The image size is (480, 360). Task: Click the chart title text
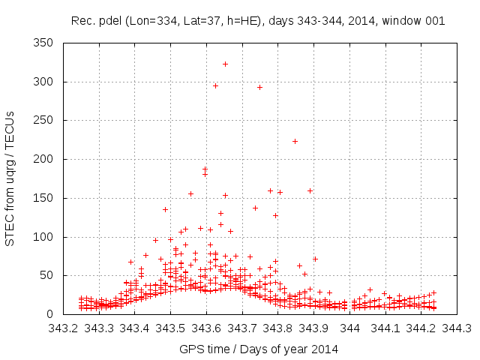pyautogui.click(x=258, y=21)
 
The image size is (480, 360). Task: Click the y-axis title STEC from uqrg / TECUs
pyautogui.click(x=10, y=178)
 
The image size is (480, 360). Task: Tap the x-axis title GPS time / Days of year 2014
pyautogui.click(x=259, y=349)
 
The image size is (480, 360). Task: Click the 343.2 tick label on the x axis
pyautogui.click(x=63, y=328)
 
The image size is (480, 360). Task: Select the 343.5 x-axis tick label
pyautogui.click(x=171, y=328)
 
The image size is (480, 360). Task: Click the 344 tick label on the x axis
pyautogui.click(x=350, y=328)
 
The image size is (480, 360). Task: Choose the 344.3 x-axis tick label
pyautogui.click(x=457, y=328)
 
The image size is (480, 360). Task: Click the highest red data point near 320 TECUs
pyautogui.click(x=225, y=64)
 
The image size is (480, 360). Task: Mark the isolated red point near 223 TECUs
pyautogui.click(x=295, y=141)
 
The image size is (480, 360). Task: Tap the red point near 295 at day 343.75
pyautogui.click(x=259, y=87)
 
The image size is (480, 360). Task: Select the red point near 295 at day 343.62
pyautogui.click(x=215, y=85)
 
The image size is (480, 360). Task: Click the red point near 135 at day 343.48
pyautogui.click(x=165, y=209)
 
